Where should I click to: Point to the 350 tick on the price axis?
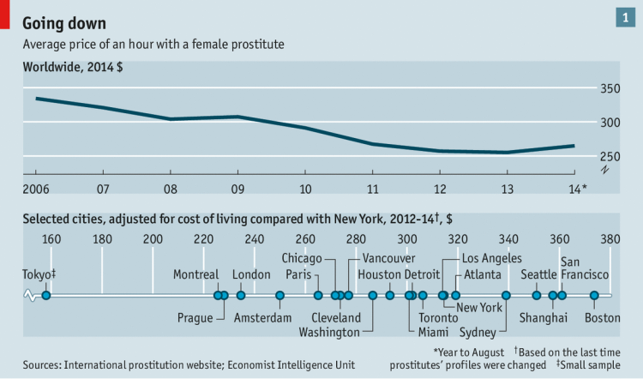pyautogui.click(x=610, y=88)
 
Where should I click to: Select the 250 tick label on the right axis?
pyautogui.click(x=610, y=155)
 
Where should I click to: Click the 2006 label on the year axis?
pyautogui.click(x=36, y=188)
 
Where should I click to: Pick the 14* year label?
pyautogui.click(x=578, y=188)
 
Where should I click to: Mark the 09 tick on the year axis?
pyautogui.click(x=237, y=188)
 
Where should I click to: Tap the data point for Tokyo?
pyautogui.click(x=46, y=296)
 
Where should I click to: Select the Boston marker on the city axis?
pyautogui.click(x=594, y=296)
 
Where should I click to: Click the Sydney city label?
pyautogui.click(x=478, y=332)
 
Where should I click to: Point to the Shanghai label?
pyautogui.click(x=544, y=318)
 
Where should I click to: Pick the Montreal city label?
pyautogui.click(x=196, y=274)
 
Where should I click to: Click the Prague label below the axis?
pyautogui.click(x=195, y=318)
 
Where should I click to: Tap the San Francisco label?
pyautogui.click(x=585, y=268)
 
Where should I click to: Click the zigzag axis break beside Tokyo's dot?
pyautogui.click(x=32, y=296)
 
